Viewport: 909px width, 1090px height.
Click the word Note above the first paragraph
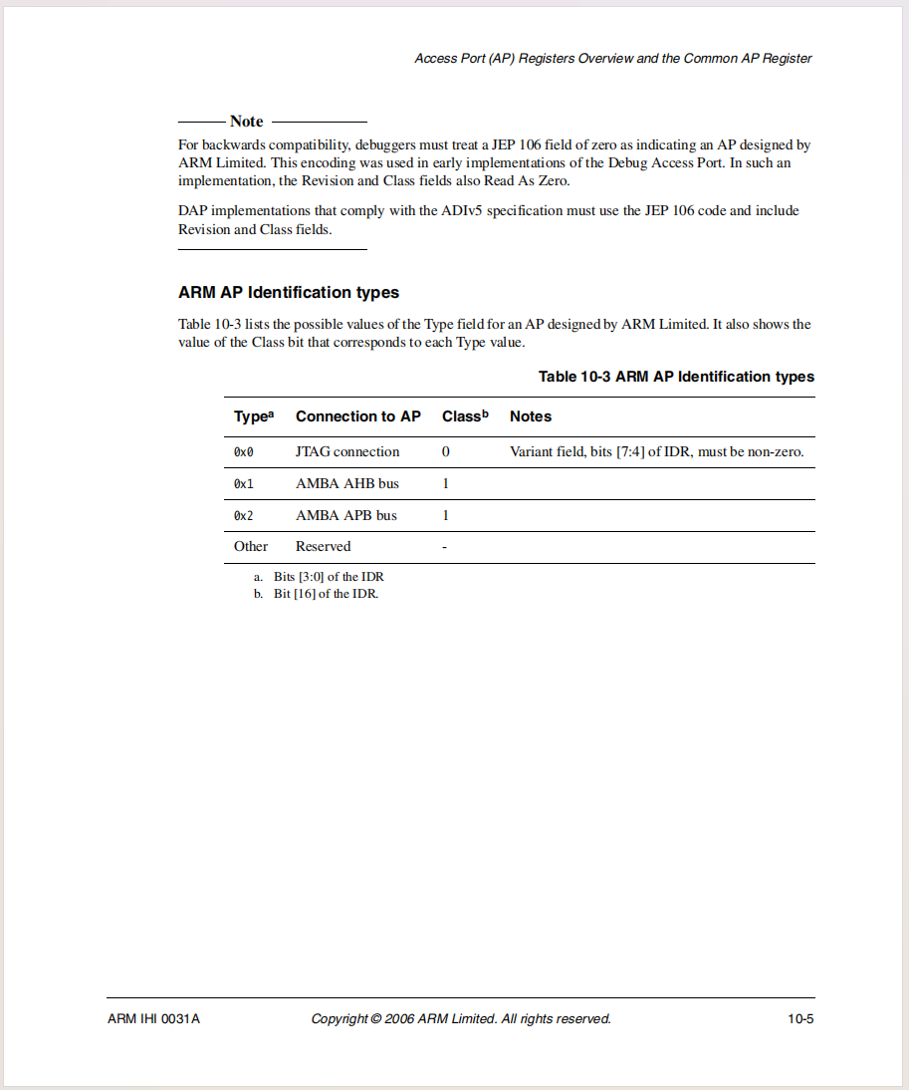click(x=246, y=122)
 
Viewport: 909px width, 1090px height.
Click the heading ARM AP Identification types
click(x=289, y=293)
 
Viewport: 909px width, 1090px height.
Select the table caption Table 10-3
click(x=676, y=377)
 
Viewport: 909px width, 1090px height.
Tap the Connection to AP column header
click(x=358, y=416)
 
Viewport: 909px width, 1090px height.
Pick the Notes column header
click(x=531, y=416)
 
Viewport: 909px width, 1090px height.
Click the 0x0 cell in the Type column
click(x=244, y=452)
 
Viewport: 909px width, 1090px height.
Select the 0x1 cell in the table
click(x=244, y=484)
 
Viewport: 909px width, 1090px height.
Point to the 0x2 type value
click(x=244, y=516)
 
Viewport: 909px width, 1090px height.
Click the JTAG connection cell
click(x=347, y=452)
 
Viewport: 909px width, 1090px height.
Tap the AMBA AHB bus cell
click(x=347, y=484)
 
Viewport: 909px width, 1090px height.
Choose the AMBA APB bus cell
click(x=346, y=516)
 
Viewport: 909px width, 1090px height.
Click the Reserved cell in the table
click(x=324, y=547)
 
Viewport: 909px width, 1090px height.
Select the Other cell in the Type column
click(x=251, y=547)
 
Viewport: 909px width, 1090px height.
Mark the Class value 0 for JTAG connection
click(x=446, y=452)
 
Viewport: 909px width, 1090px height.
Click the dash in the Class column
click(x=444, y=547)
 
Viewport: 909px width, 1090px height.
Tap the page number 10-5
click(x=800, y=1019)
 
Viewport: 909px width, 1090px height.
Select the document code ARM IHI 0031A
click(x=153, y=1019)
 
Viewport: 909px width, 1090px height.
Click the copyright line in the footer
click(x=461, y=1019)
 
